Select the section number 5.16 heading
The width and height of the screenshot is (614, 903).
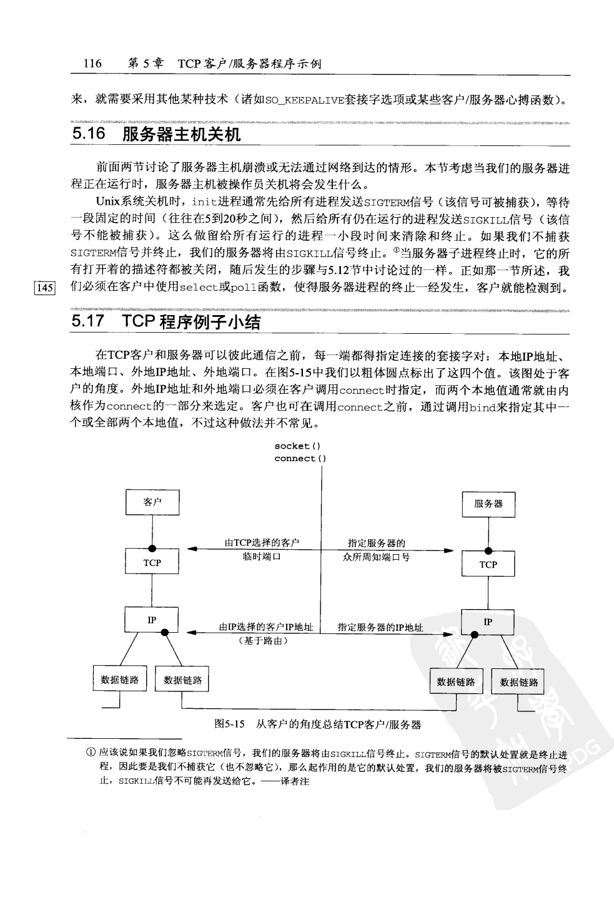pyautogui.click(x=87, y=134)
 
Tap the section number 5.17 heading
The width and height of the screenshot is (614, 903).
pyautogui.click(x=87, y=323)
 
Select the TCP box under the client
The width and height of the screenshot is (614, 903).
pyautogui.click(x=152, y=562)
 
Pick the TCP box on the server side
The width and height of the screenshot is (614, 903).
pyautogui.click(x=488, y=565)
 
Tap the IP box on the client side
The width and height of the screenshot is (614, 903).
pyautogui.click(x=152, y=620)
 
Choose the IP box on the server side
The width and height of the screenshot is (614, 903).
pyautogui.click(x=488, y=622)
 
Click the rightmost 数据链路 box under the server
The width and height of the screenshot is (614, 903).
pyautogui.click(x=518, y=682)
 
